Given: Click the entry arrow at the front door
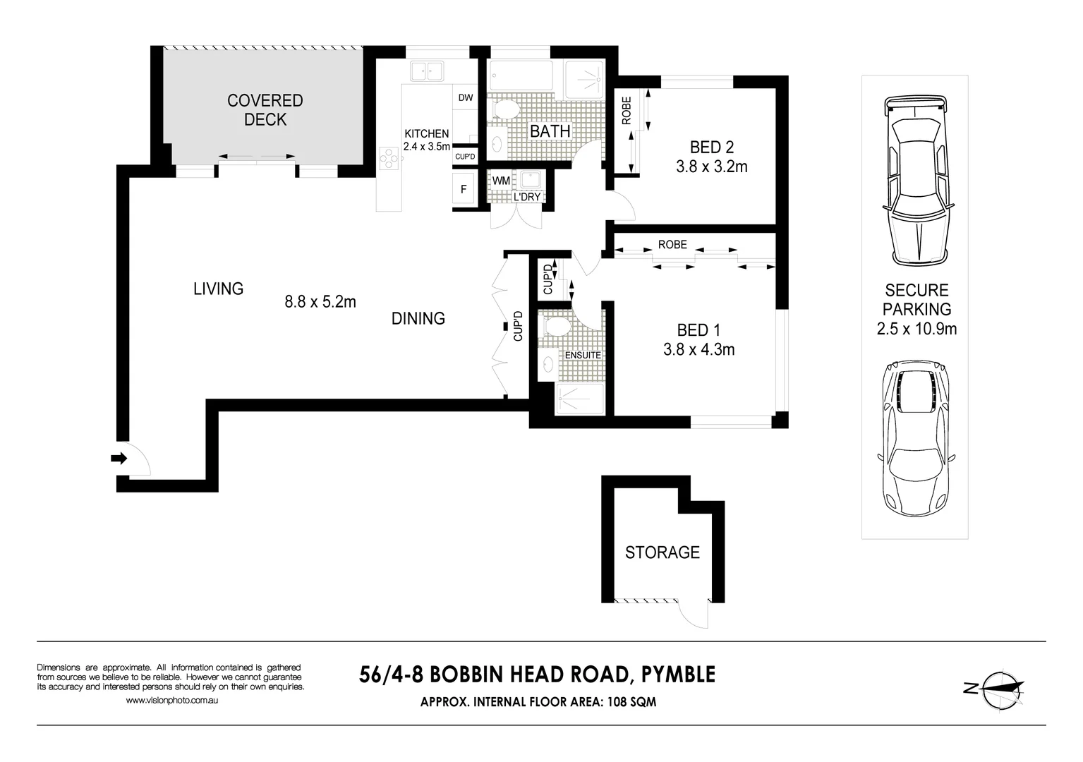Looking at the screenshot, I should pyautogui.click(x=119, y=459).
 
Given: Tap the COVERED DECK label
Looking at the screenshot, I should pyautogui.click(x=265, y=110).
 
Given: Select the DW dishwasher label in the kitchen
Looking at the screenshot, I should pyautogui.click(x=466, y=98).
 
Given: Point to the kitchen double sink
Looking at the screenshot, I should pyautogui.click(x=426, y=71).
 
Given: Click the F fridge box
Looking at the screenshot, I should pyautogui.click(x=464, y=189).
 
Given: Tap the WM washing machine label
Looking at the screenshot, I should pyautogui.click(x=501, y=181).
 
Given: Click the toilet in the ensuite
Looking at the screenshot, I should pyautogui.click(x=557, y=327).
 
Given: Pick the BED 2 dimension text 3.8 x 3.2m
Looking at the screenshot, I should pyautogui.click(x=711, y=167).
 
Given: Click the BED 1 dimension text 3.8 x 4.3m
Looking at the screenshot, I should pyautogui.click(x=698, y=349).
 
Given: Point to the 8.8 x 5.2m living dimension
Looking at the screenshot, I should pyautogui.click(x=320, y=302).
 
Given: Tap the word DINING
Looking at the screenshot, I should pyautogui.click(x=418, y=319).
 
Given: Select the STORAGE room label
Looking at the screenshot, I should pyautogui.click(x=662, y=552).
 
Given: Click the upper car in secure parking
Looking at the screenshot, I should pyautogui.click(x=915, y=181).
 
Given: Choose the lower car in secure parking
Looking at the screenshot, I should pyautogui.click(x=915, y=439).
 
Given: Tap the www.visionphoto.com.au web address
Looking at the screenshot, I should pyautogui.click(x=171, y=701).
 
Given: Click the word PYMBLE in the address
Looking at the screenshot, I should pyautogui.click(x=677, y=675).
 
